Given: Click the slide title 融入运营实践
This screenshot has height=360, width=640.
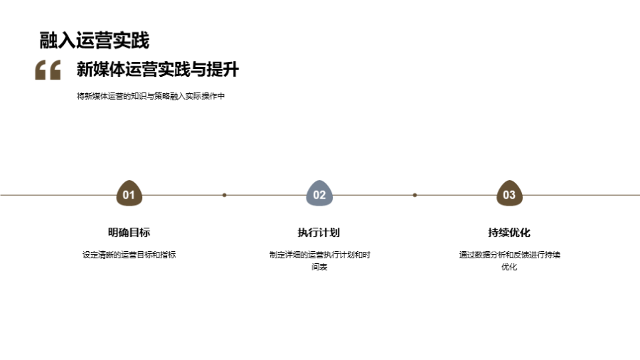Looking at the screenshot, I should [95, 41].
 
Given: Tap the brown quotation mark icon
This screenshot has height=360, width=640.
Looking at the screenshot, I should [48, 70].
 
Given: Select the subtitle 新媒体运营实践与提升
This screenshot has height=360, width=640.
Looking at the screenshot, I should [157, 70].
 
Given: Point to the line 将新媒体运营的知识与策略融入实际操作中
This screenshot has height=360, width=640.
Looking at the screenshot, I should [151, 96].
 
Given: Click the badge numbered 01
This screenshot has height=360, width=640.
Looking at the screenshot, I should [129, 194].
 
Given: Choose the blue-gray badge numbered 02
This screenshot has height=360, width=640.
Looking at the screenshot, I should [319, 194].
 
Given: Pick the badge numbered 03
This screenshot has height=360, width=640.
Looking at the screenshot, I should [509, 194].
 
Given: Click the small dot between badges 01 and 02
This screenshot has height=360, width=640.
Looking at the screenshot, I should [224, 194].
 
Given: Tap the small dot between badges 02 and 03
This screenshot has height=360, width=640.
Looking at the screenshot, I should [415, 194].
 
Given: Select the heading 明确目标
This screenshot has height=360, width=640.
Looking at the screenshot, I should [129, 233].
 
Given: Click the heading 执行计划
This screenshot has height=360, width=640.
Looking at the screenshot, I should [319, 233].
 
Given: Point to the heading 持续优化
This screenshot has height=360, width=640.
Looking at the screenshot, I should [509, 233].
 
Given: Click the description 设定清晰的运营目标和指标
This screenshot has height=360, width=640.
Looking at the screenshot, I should [129, 255].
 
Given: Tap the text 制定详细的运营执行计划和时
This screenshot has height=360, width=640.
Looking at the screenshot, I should [319, 255].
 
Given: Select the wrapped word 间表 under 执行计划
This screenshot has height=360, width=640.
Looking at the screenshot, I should [319, 268].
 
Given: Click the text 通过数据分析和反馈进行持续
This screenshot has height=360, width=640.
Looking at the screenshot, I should [509, 255].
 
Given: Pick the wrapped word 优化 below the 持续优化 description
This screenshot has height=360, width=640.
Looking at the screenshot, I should [509, 268].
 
